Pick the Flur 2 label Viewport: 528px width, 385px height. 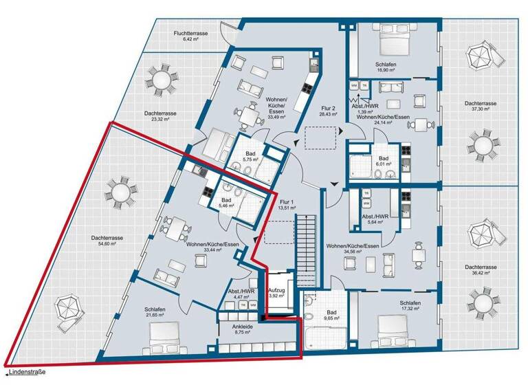coord(328,109)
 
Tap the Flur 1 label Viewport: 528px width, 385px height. coord(285,203)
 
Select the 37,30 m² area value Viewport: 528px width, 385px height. coord(481,108)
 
